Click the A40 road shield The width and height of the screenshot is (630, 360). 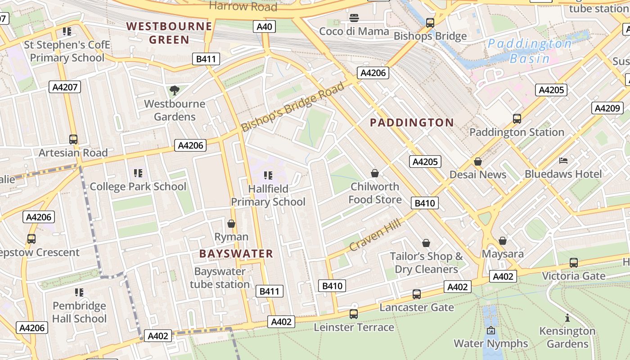click(x=264, y=27)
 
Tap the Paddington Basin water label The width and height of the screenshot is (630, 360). click(x=530, y=51)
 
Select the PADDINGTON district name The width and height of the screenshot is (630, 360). click(x=412, y=122)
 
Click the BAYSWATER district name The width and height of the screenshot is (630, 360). click(x=236, y=253)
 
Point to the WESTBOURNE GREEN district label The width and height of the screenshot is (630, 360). click(x=169, y=33)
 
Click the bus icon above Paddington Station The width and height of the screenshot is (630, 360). click(x=517, y=119)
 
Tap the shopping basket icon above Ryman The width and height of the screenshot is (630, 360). click(x=231, y=224)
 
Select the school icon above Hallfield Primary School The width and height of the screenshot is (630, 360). click(x=268, y=175)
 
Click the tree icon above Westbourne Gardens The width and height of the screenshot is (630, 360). click(x=174, y=90)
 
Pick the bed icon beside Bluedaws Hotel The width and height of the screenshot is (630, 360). click(x=563, y=161)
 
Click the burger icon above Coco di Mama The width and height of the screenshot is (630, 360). click(x=354, y=18)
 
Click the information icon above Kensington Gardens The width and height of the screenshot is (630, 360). click(x=567, y=318)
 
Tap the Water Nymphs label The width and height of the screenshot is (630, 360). click(x=490, y=343)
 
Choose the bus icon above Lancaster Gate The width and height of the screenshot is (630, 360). click(x=417, y=294)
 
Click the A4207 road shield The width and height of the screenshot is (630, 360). click(x=65, y=87)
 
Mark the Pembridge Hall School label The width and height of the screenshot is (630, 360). click(x=79, y=312)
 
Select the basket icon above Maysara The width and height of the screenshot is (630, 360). click(x=502, y=241)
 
